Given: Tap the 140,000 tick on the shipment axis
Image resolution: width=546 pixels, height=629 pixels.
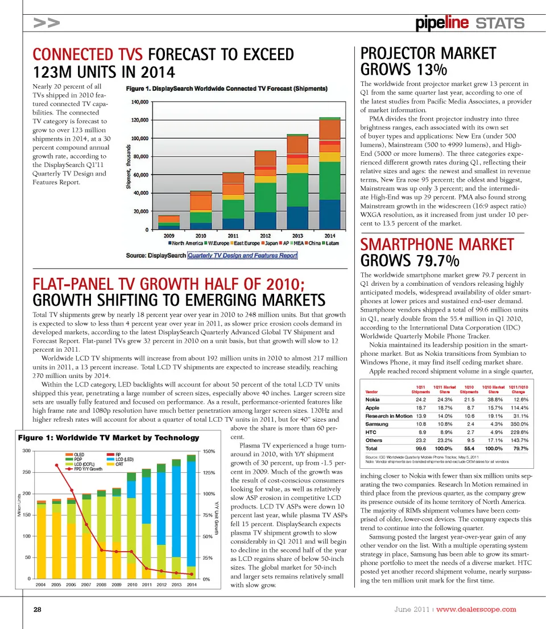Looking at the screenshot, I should [x=140, y=102].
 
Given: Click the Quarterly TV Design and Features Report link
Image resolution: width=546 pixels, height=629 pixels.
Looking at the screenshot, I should [x=242, y=256].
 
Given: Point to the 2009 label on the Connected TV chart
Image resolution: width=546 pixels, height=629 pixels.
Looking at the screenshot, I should [x=169, y=235].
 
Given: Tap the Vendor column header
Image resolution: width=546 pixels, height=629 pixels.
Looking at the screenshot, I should [x=371, y=391].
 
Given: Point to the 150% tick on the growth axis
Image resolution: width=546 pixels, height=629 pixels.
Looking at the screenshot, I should [x=208, y=451].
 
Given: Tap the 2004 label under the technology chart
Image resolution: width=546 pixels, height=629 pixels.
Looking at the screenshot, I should [x=41, y=584].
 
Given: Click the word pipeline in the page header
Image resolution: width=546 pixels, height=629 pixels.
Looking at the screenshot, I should [x=442, y=23].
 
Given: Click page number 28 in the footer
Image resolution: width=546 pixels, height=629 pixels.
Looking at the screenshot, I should [x=37, y=610].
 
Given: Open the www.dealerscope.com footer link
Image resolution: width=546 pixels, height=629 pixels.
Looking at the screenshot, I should [x=476, y=610].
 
